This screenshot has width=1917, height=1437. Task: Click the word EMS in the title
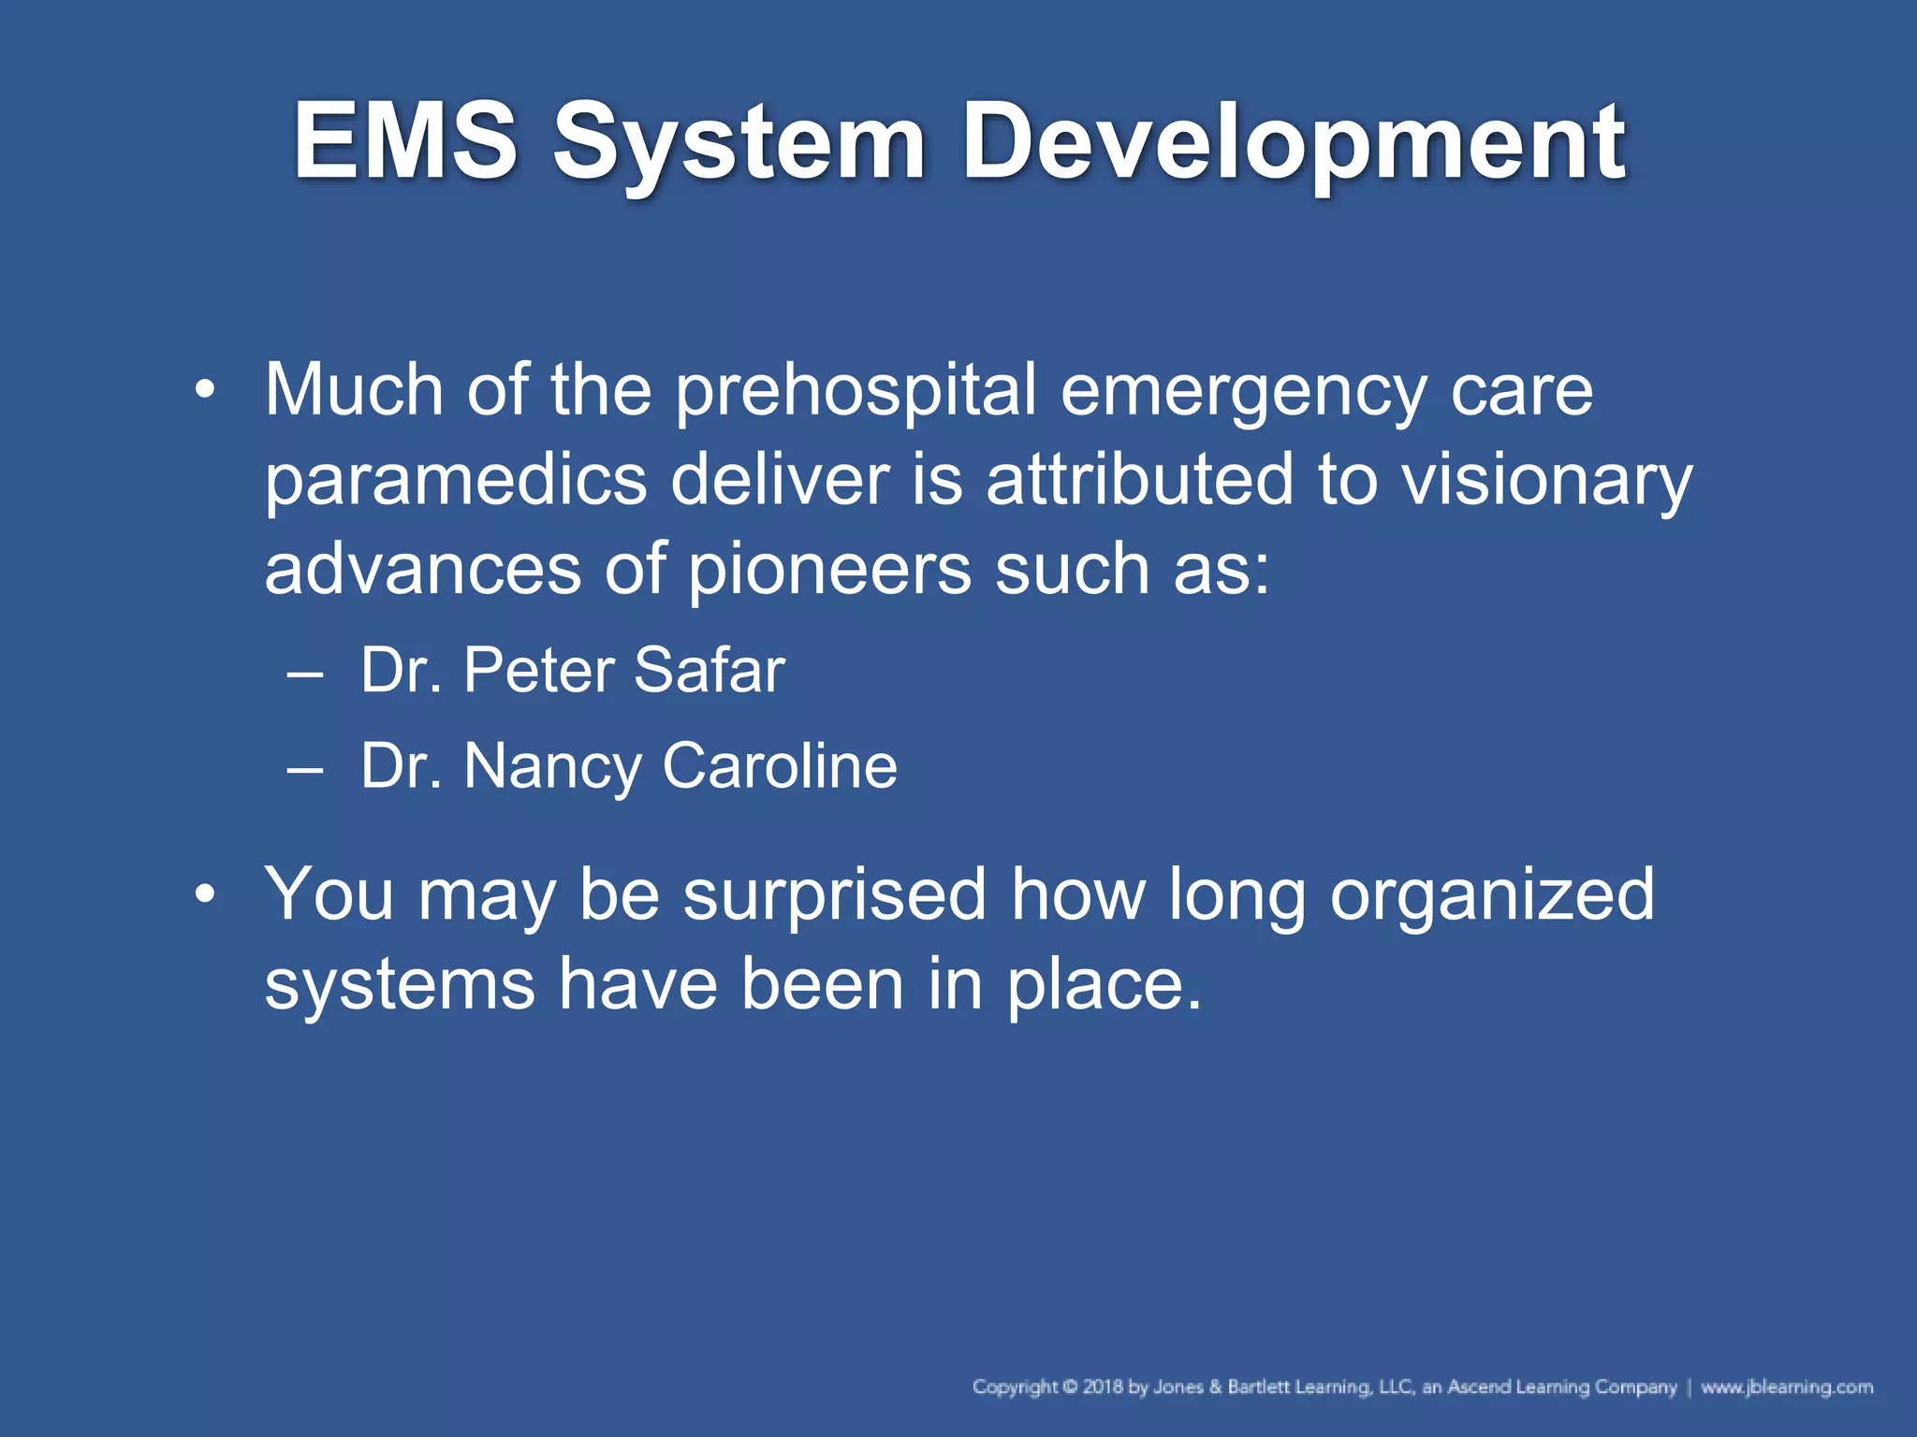[404, 142]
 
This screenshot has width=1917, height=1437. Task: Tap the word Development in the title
[1294, 142]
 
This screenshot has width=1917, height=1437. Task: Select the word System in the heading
[739, 142]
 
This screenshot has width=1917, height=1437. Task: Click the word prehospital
[856, 391]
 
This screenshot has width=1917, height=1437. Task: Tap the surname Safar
[709, 670]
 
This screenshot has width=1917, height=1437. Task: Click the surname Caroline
[780, 765]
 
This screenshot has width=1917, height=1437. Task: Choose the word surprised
[834, 894]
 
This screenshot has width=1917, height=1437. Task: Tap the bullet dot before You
[205, 894]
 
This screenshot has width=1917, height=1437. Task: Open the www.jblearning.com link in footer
[1786, 1386]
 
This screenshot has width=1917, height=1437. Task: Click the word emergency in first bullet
[1243, 391]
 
